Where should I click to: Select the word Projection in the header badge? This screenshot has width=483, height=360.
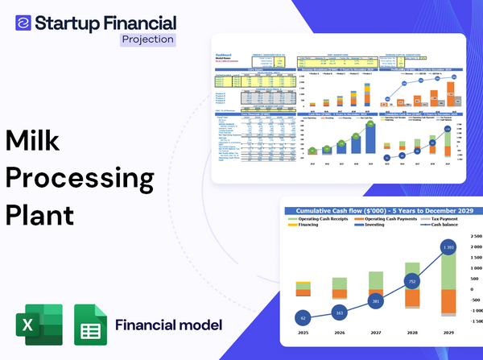pyautogui.click(x=147, y=38)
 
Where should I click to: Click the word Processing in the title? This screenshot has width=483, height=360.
pyautogui.click(x=79, y=177)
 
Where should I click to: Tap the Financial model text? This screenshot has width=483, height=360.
pyautogui.click(x=168, y=325)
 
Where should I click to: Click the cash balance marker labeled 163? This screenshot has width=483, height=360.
pyautogui.click(x=338, y=312)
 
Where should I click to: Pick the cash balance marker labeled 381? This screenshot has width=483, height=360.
pyautogui.click(x=375, y=301)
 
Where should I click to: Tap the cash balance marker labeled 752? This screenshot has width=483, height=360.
pyautogui.click(x=412, y=282)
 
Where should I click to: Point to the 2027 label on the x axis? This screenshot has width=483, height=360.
pyautogui.click(x=375, y=333)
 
